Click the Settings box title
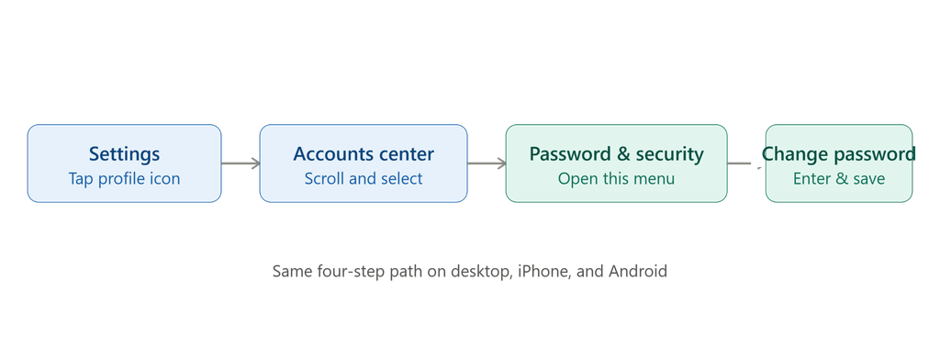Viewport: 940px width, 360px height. (124, 154)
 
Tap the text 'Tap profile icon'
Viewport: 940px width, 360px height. (124, 179)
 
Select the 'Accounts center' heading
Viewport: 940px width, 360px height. (364, 153)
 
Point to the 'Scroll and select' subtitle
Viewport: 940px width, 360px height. (364, 179)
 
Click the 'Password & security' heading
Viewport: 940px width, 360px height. (616, 154)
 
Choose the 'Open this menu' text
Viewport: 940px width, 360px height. (616, 179)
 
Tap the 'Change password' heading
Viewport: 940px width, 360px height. (839, 154)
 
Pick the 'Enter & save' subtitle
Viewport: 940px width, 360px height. (839, 179)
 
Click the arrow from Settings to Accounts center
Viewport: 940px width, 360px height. (241, 163)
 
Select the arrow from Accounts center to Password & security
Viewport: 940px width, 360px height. (487, 163)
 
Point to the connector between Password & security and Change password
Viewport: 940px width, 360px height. (744, 163)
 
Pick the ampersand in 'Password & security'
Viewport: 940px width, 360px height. (623, 154)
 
